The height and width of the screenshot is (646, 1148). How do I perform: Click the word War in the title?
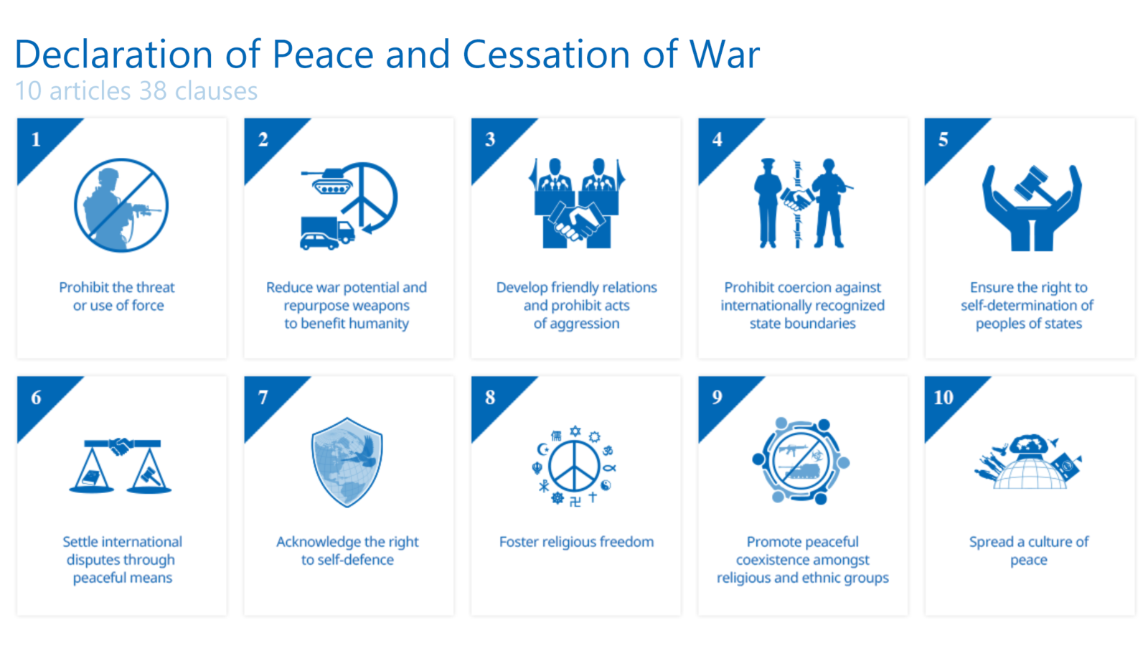tap(724, 55)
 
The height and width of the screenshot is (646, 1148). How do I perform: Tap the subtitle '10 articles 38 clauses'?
tap(136, 91)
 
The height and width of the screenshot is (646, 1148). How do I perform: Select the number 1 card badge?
tap(36, 139)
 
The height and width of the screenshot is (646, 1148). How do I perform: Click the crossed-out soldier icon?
tap(121, 205)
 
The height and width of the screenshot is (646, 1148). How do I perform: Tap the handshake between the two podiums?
tap(576, 220)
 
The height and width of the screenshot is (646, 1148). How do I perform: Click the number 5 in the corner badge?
tap(944, 139)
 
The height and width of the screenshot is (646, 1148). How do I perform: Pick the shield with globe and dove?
tap(347, 462)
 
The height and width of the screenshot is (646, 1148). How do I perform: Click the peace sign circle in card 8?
tap(574, 467)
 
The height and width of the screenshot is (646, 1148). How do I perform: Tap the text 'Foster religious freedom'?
tap(576, 542)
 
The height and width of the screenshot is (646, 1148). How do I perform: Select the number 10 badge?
tap(944, 397)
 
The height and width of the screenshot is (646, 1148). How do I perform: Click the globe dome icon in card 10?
tap(1029, 470)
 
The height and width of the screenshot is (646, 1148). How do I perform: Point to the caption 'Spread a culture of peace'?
tap(1029, 551)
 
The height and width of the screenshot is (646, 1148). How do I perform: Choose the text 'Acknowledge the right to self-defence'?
tap(347, 551)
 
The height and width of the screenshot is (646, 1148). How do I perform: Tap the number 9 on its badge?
tap(717, 397)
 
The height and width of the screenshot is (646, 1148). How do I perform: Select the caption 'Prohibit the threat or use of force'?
tap(118, 296)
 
